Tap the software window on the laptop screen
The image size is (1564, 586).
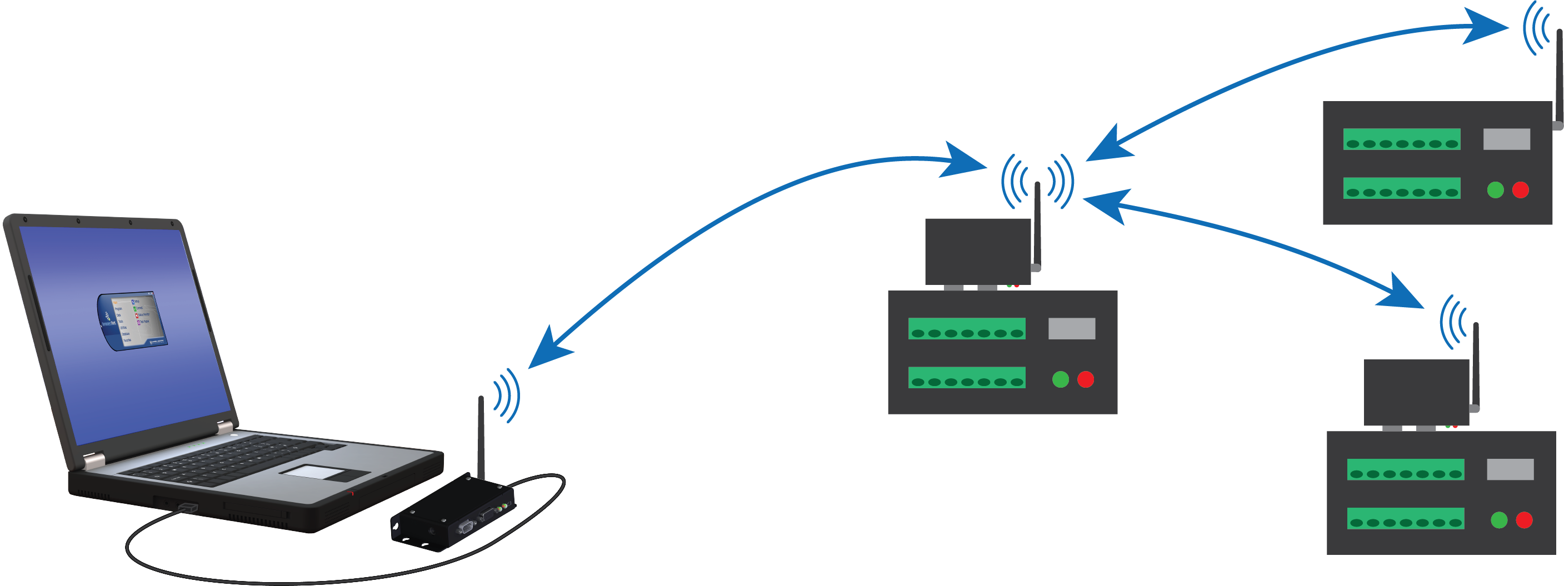(x=132, y=320)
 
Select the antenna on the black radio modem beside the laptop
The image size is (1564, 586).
(x=481, y=437)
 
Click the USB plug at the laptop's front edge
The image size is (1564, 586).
(x=188, y=507)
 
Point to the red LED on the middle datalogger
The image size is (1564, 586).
(x=1086, y=379)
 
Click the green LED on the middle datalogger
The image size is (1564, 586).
(x=1060, y=379)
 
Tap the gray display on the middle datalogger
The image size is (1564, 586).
(x=1072, y=328)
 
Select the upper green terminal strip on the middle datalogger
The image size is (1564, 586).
(x=967, y=328)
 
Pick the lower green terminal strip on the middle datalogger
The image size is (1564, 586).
(x=967, y=377)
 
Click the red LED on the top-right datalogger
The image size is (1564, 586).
(x=1520, y=190)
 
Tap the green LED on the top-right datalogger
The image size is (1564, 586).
(x=1496, y=190)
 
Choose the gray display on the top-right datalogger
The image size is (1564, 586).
(x=1506, y=139)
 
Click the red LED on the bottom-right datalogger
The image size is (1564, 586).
(x=1524, y=520)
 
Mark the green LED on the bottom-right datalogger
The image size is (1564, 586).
(x=1499, y=520)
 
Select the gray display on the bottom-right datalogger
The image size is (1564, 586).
(x=1510, y=469)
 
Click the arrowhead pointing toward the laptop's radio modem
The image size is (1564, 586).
(x=547, y=352)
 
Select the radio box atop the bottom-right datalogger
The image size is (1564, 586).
(x=1416, y=392)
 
